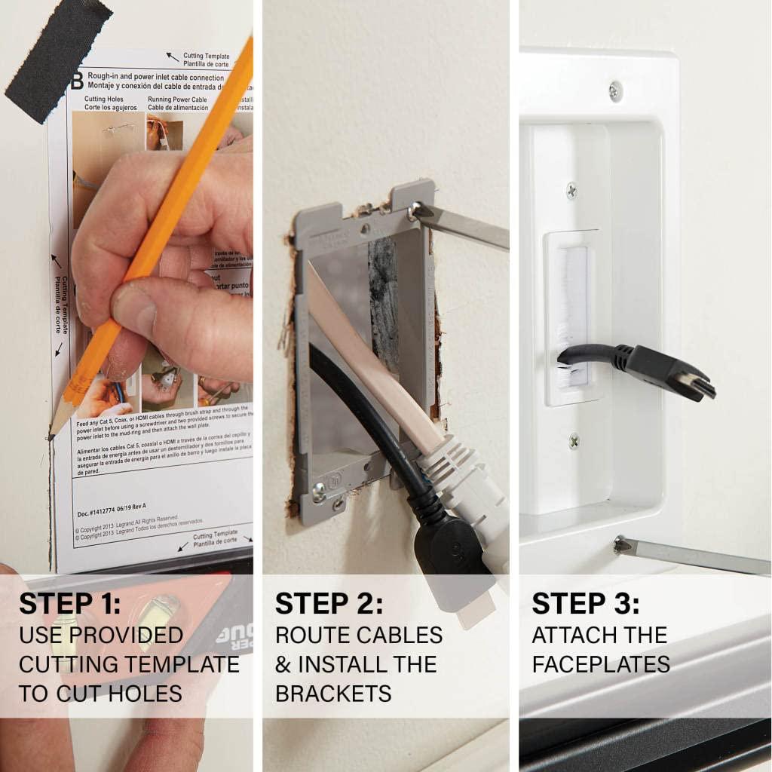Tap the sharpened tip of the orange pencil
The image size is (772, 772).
tap(54, 433)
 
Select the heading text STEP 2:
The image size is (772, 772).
tap(329, 603)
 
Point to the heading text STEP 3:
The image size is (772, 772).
tap(586, 603)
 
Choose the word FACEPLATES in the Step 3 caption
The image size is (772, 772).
tap(600, 664)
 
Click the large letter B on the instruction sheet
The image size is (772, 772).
tap(77, 81)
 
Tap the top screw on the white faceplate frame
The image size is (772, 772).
tap(616, 91)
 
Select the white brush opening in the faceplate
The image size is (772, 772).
tap(570, 317)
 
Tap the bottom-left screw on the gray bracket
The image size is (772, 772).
tap(319, 492)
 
